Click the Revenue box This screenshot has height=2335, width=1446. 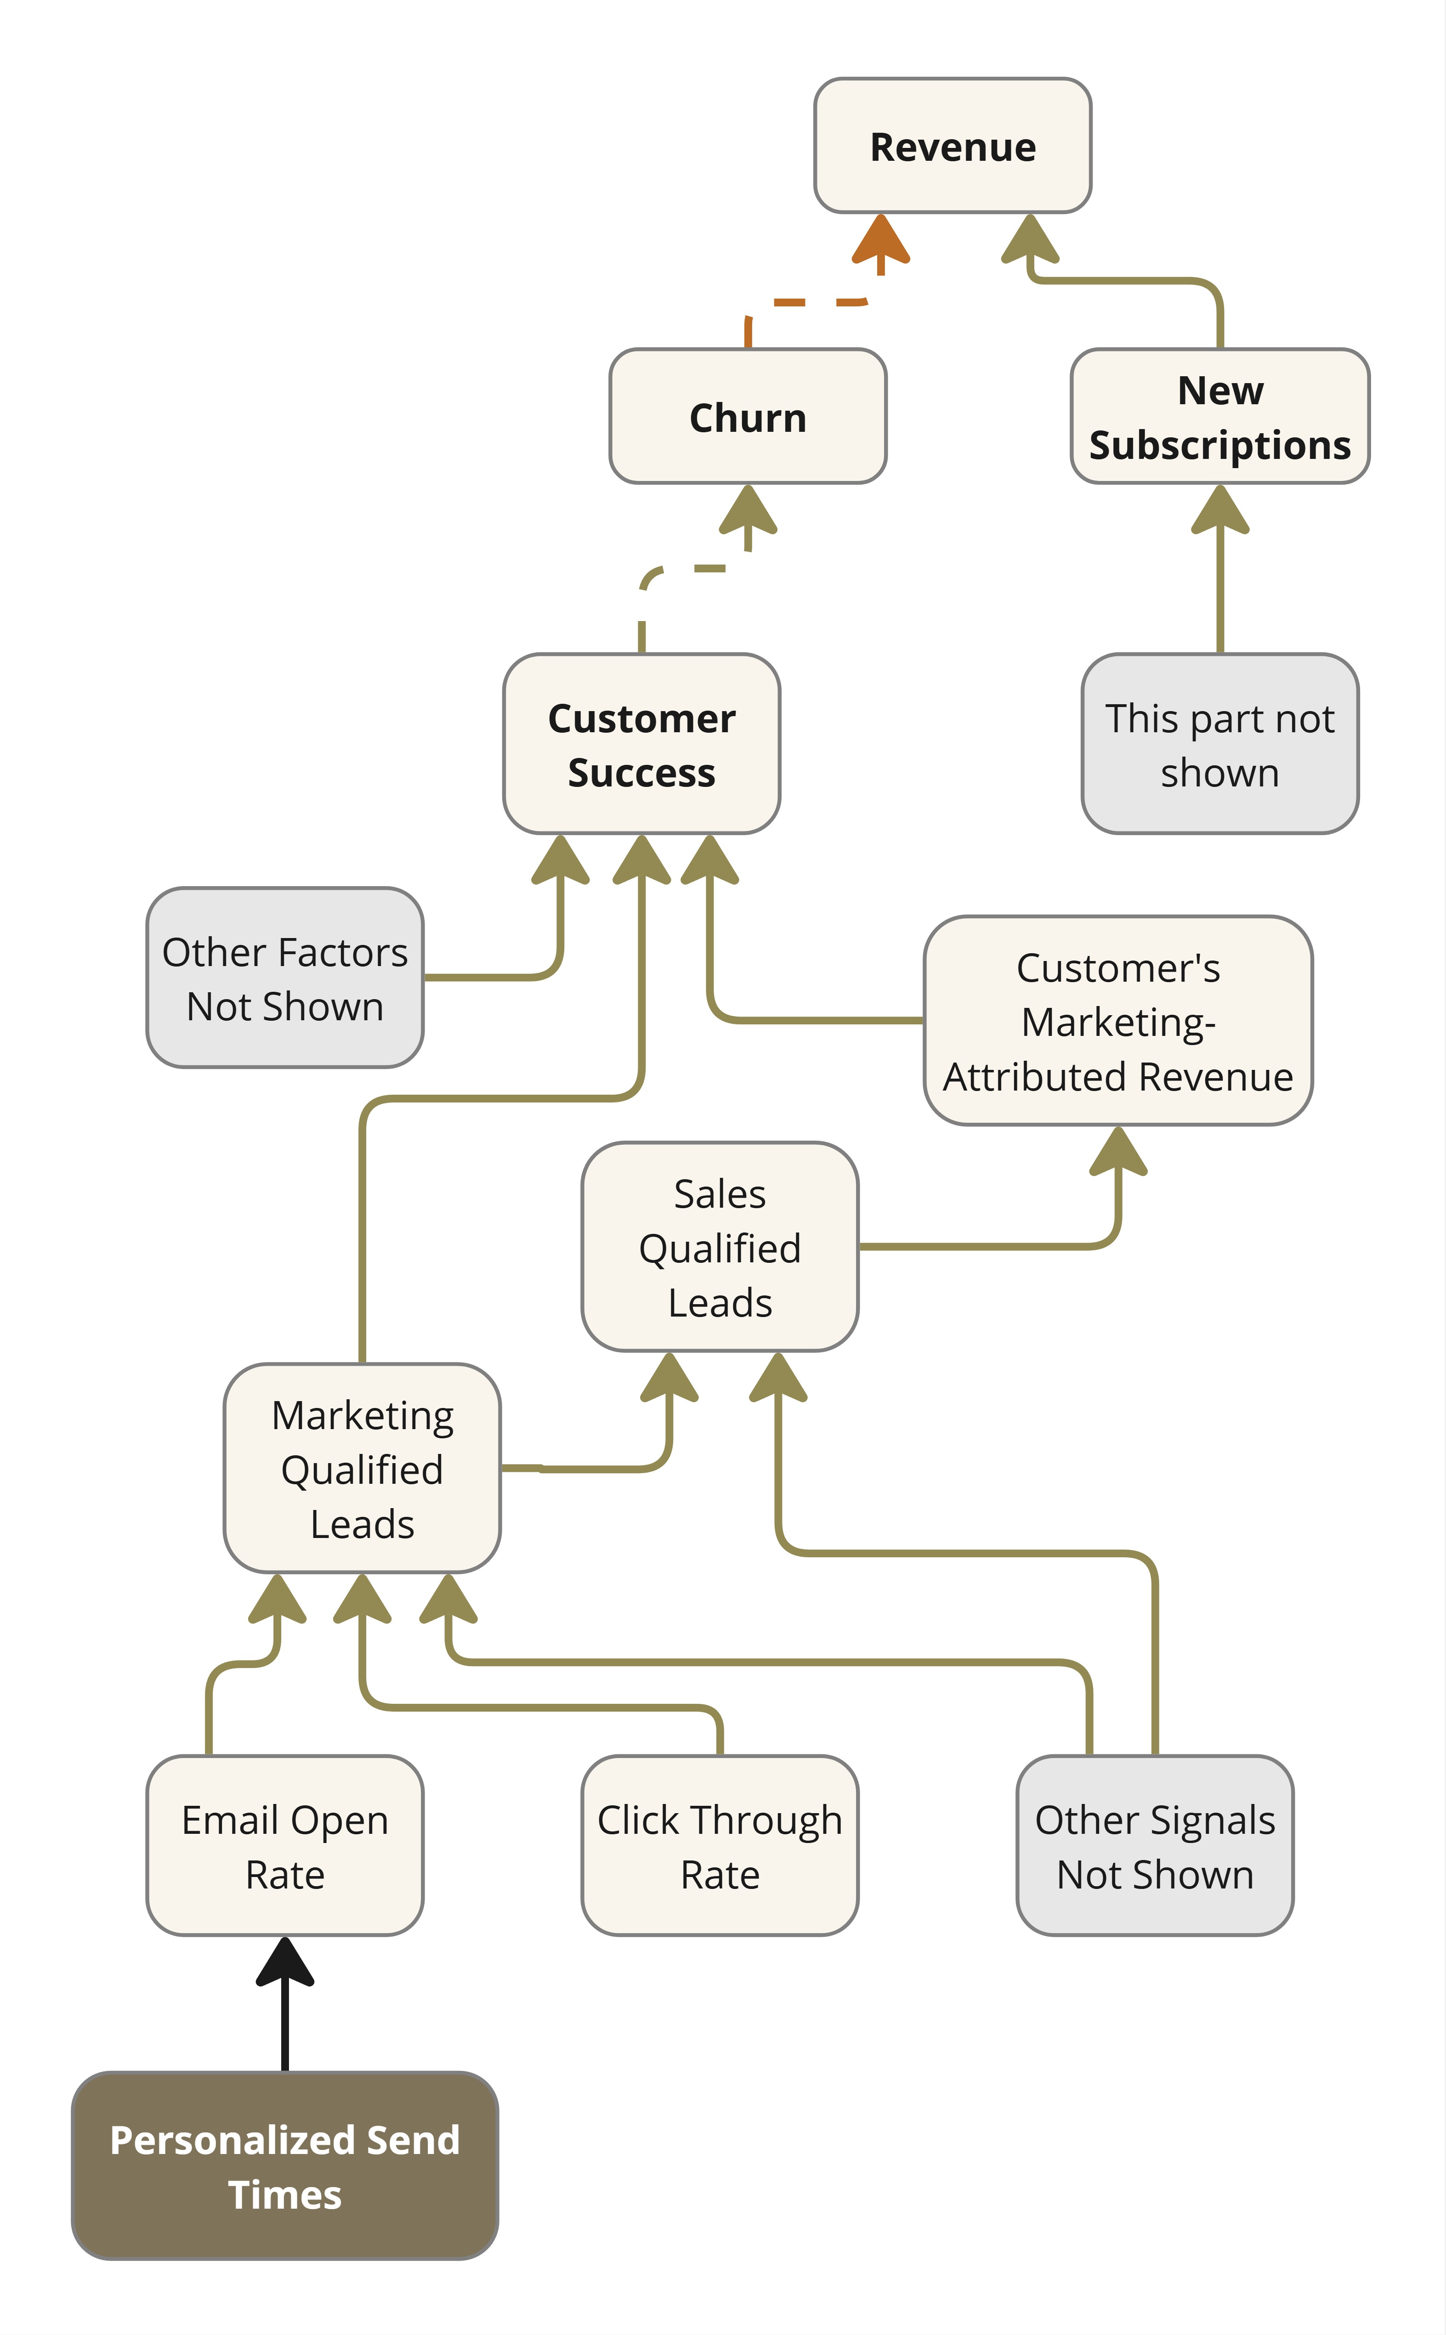click(953, 145)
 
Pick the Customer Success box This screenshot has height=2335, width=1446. click(642, 744)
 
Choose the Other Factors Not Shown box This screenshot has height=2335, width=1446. click(285, 977)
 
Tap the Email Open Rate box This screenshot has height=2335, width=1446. click(285, 1845)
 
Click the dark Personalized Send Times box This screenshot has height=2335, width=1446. click(285, 2166)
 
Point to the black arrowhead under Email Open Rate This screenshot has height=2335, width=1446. click(285, 1962)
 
